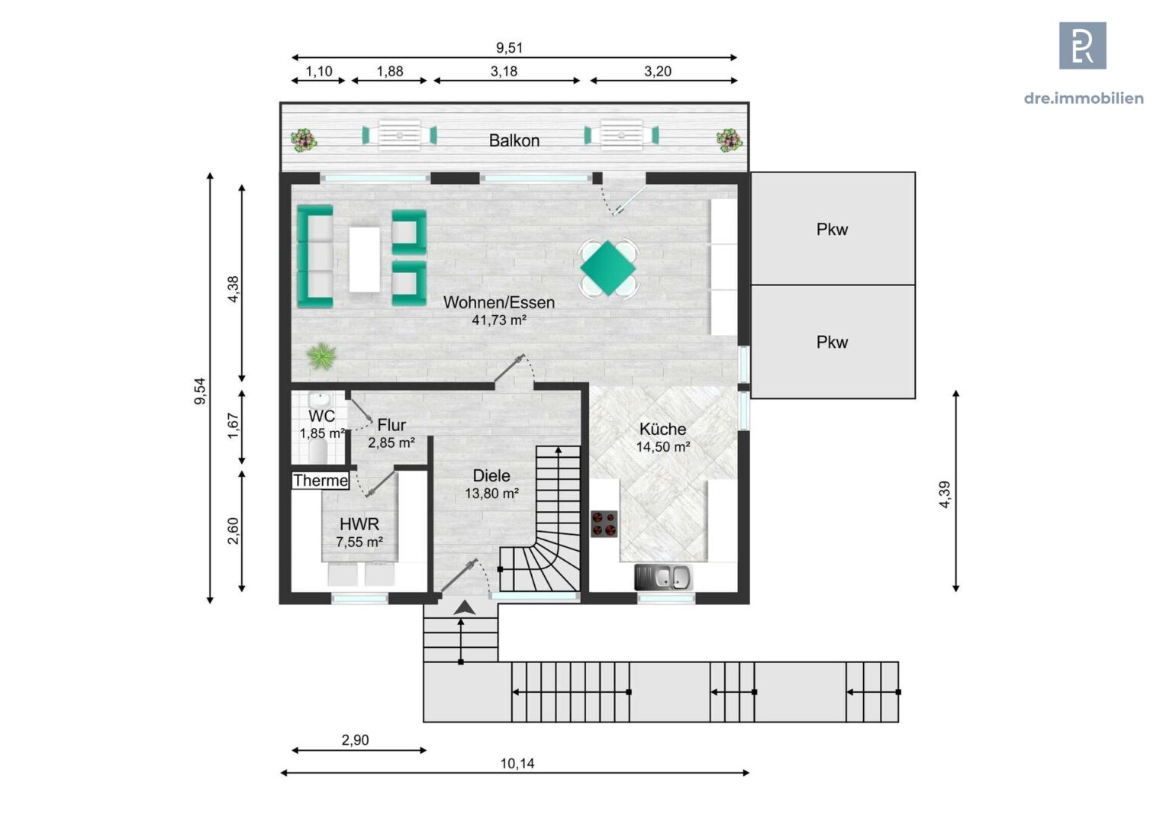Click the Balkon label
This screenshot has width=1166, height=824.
(514, 140)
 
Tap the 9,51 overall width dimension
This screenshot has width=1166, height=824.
(509, 47)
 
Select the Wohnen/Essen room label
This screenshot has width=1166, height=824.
(498, 302)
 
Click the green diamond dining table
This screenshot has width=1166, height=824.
(607, 268)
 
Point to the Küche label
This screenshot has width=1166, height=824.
(662, 429)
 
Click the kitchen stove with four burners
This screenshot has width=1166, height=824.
(604, 524)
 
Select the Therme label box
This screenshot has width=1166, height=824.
(320, 481)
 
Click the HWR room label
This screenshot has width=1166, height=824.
(359, 524)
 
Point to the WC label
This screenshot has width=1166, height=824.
(321, 417)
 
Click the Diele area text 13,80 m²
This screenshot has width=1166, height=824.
(491, 494)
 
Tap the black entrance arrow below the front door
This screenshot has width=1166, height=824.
(464, 608)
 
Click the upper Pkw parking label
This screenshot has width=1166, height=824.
(832, 229)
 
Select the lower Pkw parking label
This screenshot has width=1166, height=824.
(832, 342)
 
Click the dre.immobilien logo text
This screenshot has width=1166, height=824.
(1083, 98)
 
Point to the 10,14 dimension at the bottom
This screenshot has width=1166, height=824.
(517, 763)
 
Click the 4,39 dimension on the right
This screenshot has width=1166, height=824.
(945, 494)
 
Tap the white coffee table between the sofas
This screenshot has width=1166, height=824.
(364, 259)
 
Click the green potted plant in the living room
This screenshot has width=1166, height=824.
(321, 356)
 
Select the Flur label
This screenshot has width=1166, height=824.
(391, 425)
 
